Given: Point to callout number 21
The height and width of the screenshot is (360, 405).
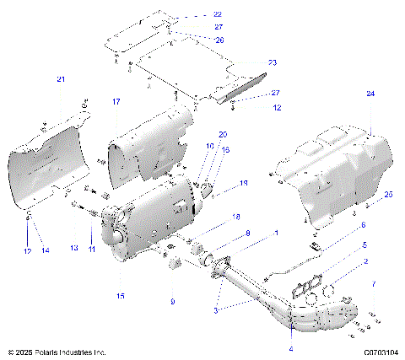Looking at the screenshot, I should click(60, 79).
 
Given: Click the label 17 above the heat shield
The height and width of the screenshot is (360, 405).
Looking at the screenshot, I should click(116, 102).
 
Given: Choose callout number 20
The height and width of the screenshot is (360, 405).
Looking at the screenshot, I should click(223, 135).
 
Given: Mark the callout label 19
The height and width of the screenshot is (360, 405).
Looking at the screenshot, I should click(244, 182).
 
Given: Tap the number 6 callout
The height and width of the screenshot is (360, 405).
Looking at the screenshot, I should click(363, 226).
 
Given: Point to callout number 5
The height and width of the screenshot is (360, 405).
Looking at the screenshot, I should click(364, 245).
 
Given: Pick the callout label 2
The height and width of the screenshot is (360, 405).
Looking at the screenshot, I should click(365, 263).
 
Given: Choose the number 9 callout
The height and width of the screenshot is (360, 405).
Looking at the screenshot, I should click(173, 301).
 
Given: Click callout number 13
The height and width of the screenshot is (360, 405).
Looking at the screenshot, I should click(73, 248).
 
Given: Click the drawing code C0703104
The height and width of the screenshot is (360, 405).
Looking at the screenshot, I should click(381, 352).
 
